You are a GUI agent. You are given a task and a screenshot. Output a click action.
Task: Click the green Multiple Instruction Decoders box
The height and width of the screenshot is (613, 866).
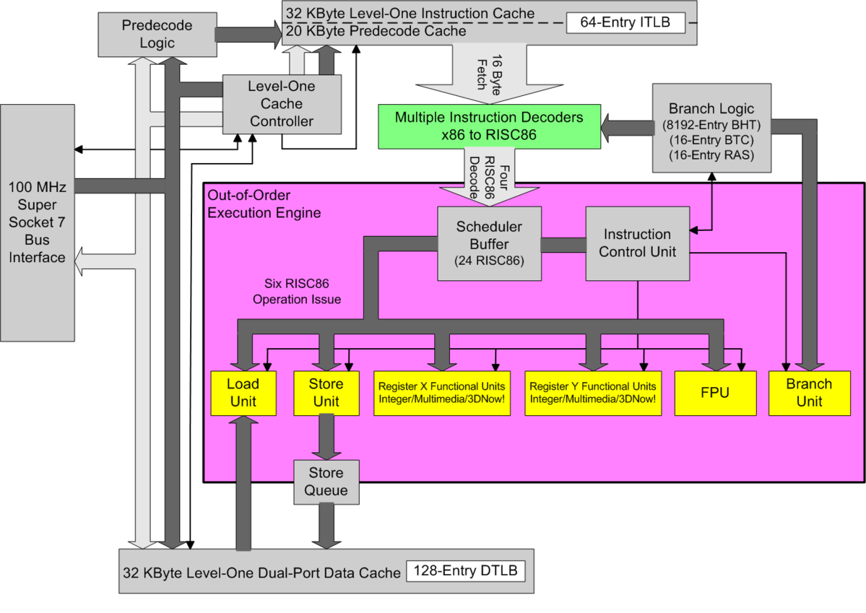coord(489,126)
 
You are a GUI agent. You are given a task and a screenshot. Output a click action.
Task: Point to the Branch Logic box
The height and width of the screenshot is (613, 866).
coord(711,128)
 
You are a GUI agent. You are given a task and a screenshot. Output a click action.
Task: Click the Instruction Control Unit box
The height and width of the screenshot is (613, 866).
coord(636,243)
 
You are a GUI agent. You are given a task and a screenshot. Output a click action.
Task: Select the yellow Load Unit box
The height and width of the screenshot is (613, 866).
coord(243,392)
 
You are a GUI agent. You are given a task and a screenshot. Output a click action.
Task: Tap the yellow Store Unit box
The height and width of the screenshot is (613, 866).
coord(326,392)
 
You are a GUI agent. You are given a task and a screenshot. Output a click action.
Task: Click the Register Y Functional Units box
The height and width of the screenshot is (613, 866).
coord(592,392)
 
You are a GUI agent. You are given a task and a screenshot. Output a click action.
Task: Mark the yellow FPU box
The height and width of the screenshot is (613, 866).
coord(714,392)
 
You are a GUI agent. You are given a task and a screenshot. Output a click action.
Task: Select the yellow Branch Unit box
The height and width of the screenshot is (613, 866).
coord(809,392)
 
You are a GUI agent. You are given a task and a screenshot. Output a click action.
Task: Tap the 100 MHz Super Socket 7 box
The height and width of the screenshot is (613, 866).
coord(38,222)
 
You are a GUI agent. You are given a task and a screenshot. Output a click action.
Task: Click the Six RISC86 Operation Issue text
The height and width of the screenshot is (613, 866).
coord(297,292)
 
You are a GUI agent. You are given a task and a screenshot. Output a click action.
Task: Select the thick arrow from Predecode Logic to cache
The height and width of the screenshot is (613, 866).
coord(246,34)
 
